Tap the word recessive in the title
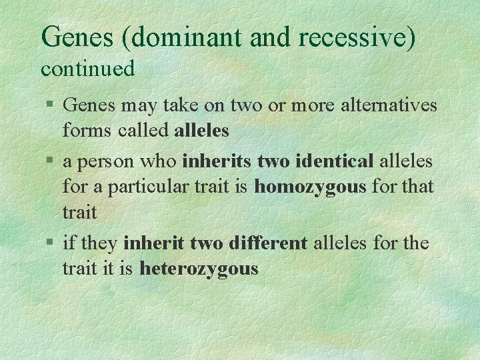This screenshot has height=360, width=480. click(354, 37)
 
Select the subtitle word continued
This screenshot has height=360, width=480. click(88, 68)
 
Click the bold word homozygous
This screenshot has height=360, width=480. click(310, 187)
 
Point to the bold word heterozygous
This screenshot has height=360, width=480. click(199, 269)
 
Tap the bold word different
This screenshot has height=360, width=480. click(267, 243)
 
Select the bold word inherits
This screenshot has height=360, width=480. click(217, 161)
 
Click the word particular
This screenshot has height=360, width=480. click(140, 187)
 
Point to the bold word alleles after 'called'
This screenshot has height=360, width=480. click(201, 131)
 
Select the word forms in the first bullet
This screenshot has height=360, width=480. click(84, 131)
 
